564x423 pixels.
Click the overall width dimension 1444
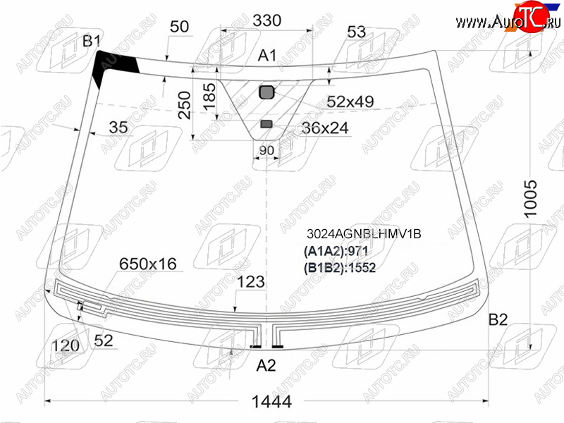point(271,401)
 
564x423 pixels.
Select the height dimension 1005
point(531,198)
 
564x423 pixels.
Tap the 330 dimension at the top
point(266,20)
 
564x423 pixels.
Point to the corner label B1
point(92,41)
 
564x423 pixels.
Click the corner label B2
point(498,319)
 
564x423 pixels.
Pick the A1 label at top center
point(267,56)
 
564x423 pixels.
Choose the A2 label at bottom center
point(266,365)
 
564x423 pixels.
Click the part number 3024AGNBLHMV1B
point(364,234)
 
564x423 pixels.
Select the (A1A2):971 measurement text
point(336,251)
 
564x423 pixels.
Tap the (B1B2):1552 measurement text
point(340,268)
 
